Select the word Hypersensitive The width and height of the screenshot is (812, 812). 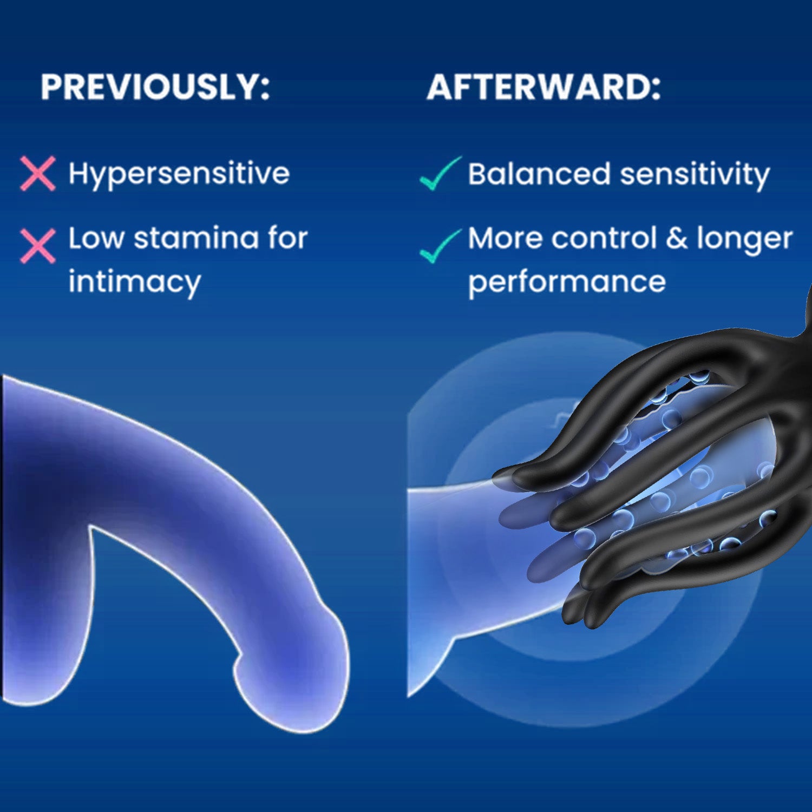[x=179, y=174]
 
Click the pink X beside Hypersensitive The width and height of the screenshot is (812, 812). [x=38, y=174]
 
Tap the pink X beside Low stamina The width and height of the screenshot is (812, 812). [x=38, y=246]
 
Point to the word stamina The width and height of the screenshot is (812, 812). [x=196, y=238]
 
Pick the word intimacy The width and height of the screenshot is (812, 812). [x=134, y=283]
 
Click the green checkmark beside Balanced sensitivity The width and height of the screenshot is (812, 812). [x=440, y=173]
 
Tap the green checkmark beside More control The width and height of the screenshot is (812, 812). [x=440, y=246]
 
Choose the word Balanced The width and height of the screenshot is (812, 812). [x=539, y=174]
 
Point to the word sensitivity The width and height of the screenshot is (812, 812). [x=695, y=175]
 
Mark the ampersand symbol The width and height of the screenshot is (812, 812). [x=677, y=238]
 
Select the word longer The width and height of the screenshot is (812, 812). [x=745, y=240]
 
